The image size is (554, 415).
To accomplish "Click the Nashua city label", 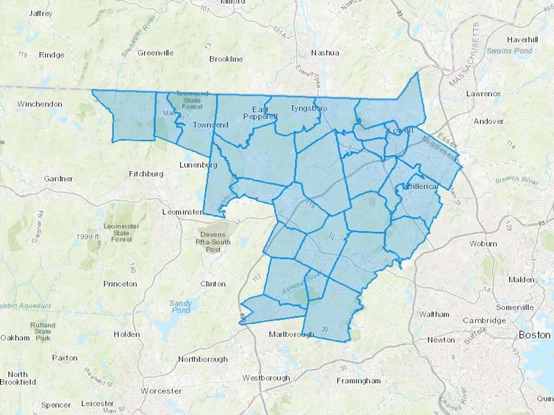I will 325,53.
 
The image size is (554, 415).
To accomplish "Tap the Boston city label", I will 534,335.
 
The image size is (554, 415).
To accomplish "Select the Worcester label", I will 161,391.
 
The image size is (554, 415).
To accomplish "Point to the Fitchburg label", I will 146,174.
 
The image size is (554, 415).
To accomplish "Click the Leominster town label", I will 182,212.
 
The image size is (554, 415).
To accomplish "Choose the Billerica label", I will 422,186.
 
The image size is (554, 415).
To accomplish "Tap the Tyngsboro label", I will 309,108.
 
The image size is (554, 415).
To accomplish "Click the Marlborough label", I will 291,334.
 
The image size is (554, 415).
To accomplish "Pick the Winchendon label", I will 40,104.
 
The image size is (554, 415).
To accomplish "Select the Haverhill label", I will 522,40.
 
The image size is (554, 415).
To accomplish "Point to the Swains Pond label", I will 509,51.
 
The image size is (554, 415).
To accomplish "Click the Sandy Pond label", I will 181,307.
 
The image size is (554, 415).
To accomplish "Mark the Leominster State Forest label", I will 121,233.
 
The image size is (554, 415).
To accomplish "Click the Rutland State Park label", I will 43,331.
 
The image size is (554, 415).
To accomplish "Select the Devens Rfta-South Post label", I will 213,242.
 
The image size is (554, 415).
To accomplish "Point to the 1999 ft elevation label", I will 88,237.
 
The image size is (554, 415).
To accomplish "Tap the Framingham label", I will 359,381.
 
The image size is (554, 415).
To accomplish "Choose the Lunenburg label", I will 198,165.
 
